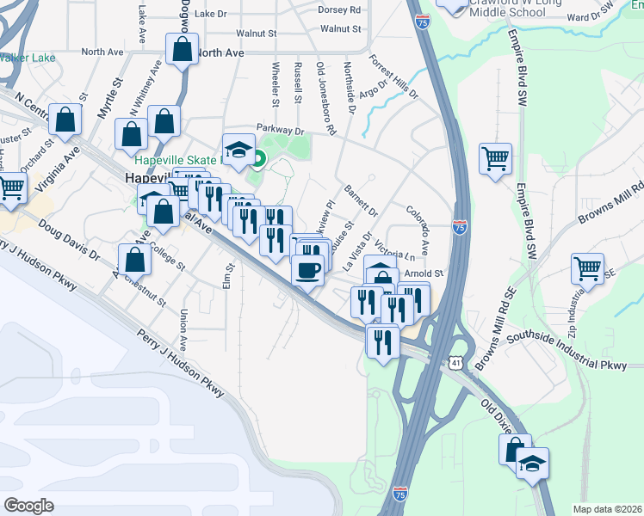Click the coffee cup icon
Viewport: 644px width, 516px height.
point(308,270)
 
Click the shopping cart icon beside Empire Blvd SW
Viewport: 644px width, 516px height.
point(495,159)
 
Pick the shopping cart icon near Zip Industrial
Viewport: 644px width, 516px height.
point(587,267)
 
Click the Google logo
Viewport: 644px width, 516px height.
point(29,506)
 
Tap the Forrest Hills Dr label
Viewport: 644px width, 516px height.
point(393,77)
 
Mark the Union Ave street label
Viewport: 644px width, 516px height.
point(183,330)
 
